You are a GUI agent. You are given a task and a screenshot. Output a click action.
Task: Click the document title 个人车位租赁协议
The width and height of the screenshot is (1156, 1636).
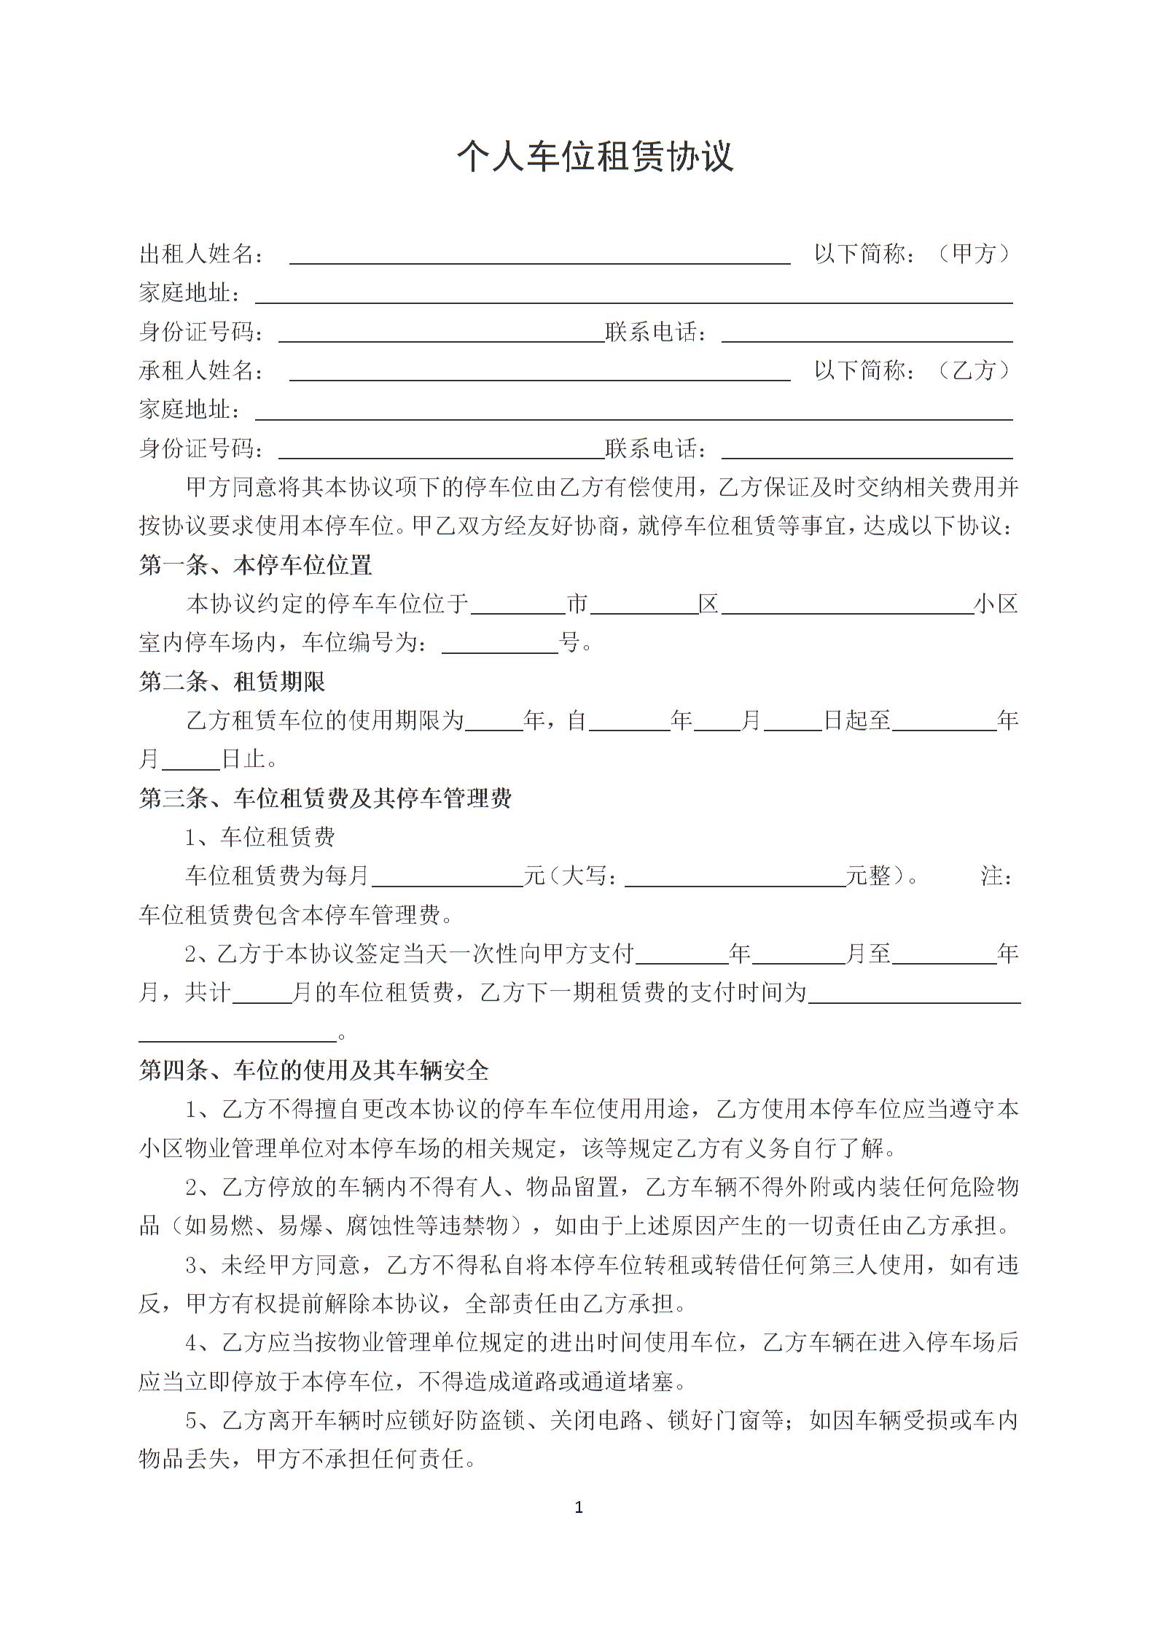pos(594,157)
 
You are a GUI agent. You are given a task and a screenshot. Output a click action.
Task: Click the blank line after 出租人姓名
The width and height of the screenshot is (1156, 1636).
pos(539,255)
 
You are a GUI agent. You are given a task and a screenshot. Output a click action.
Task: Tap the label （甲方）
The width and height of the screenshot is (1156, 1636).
pos(974,254)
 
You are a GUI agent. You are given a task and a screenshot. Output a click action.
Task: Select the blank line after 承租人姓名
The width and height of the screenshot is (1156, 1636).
pos(539,372)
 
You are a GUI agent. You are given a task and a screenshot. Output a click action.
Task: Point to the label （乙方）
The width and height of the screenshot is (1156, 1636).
pos(974,370)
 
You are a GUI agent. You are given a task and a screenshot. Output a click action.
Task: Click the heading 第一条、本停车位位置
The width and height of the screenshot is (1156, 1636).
pos(255,565)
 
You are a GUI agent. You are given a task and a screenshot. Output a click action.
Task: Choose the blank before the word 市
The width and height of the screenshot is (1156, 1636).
pos(518,605)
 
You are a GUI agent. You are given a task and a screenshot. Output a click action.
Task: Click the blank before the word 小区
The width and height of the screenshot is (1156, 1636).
pos(847,605)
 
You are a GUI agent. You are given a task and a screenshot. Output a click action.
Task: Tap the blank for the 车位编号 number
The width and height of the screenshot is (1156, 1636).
pos(500,644)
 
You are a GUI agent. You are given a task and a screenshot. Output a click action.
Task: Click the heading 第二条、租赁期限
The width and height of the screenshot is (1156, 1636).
pos(232,682)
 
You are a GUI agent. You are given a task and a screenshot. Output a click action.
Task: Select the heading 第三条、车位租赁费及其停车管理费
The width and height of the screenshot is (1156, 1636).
pos(325,798)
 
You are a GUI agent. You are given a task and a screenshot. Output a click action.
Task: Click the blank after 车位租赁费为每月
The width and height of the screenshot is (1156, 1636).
pos(447,877)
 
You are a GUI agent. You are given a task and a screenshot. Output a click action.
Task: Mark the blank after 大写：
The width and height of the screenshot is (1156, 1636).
pos(735,877)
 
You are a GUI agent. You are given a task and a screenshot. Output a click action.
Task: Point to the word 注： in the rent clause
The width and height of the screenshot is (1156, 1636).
pos(996,876)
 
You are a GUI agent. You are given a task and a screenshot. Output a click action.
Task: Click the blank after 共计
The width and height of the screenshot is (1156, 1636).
pos(262,994)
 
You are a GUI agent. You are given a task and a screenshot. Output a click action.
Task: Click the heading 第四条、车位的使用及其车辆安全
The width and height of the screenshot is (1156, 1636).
pos(313,1070)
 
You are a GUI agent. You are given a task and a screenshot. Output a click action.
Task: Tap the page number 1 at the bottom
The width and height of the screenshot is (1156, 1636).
pos(579,1508)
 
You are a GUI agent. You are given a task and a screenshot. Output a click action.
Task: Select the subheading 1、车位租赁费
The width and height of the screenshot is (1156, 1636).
pos(259,837)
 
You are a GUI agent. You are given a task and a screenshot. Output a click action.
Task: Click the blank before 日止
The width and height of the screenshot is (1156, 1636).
pos(191,760)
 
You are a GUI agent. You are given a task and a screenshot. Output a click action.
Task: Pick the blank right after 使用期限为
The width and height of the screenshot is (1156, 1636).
pos(494,722)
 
